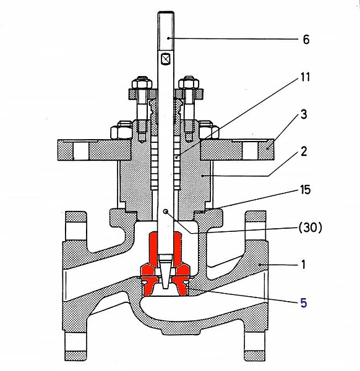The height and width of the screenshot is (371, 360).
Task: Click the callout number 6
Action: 306,40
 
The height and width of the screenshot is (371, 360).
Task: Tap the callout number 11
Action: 305,77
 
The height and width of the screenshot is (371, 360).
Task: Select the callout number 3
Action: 304,114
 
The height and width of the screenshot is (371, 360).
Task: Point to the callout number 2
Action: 304,151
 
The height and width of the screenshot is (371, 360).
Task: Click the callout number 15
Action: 306,190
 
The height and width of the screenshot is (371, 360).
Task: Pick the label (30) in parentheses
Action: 311,228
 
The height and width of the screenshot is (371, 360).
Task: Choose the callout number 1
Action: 304,265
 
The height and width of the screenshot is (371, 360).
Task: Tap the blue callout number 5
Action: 304,303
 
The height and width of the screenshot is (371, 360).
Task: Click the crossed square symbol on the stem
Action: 165,59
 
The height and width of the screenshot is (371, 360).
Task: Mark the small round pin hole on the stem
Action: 166,211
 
